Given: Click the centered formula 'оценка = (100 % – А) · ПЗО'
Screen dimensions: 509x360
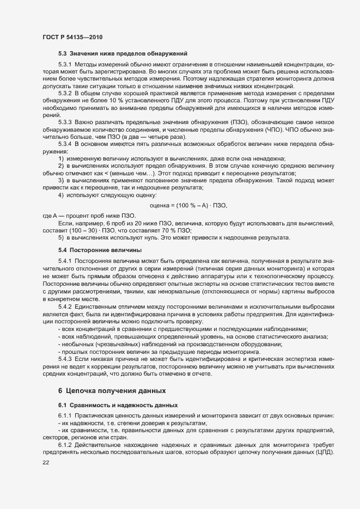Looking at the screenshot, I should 188,191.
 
